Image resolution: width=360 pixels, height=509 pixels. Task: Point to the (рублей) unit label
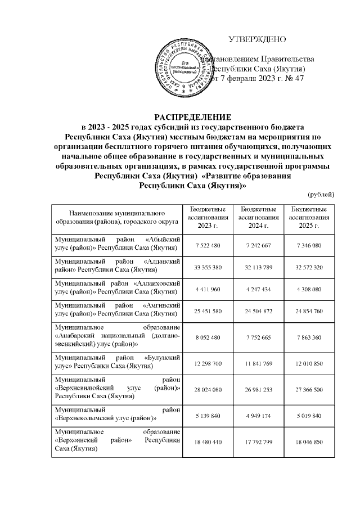(x=321, y=194)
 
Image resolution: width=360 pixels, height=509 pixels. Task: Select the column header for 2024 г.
(x=259, y=218)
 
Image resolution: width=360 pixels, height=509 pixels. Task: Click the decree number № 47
(x=295, y=78)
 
